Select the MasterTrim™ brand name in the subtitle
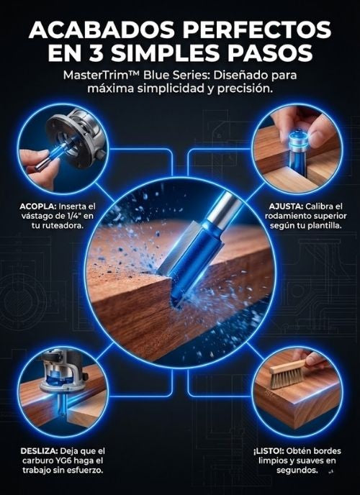point(101,76)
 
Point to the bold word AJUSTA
point(286,206)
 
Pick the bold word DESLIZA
point(39,451)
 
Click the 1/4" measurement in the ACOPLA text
point(78,217)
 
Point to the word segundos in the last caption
point(297,471)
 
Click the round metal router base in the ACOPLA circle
point(78,138)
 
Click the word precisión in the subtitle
point(244,88)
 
